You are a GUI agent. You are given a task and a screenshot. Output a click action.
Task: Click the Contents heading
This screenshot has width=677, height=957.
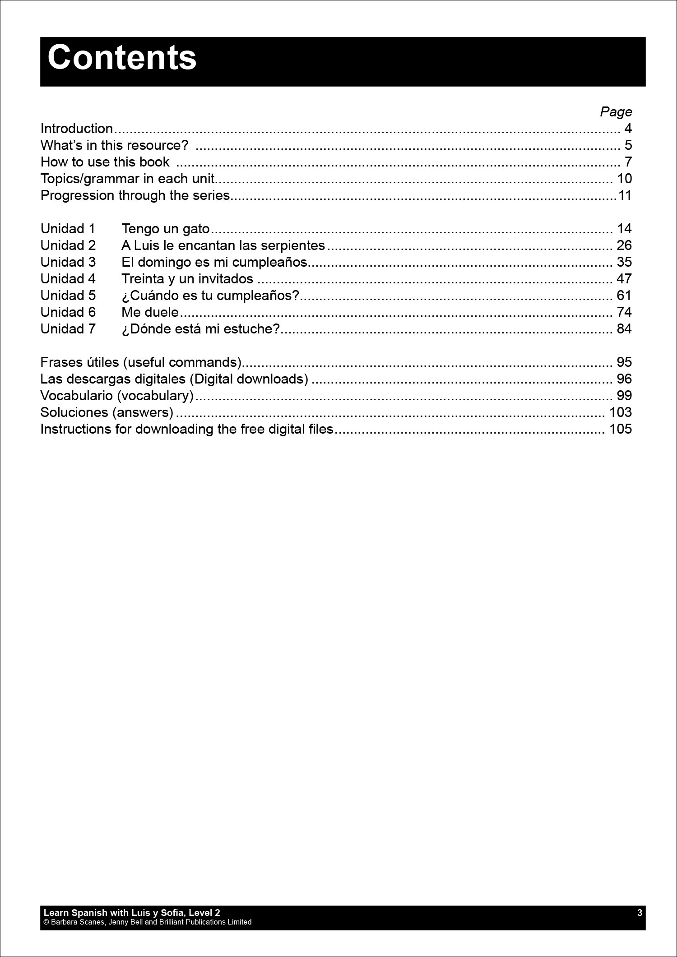122,58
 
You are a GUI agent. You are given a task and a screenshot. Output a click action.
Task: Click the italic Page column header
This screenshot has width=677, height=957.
616,112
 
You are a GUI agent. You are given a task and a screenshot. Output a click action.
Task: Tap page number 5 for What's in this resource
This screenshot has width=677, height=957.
628,145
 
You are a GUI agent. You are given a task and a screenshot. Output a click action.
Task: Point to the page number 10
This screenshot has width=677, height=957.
624,179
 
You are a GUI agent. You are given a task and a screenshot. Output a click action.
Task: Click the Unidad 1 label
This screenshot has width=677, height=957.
68,229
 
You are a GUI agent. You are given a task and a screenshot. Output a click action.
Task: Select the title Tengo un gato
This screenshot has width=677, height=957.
165,229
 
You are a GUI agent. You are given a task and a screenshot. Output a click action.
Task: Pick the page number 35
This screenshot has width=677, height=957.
624,262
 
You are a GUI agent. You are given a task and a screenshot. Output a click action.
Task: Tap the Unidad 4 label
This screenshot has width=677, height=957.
68,279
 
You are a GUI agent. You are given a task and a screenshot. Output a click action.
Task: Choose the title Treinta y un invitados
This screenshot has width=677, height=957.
187,279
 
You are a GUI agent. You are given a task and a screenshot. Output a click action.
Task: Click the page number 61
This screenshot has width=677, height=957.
624,296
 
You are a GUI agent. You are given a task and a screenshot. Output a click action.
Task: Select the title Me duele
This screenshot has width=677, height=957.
150,312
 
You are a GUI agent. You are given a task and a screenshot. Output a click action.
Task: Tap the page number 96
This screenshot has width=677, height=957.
624,379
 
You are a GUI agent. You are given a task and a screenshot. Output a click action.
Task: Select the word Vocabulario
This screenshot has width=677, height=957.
77,396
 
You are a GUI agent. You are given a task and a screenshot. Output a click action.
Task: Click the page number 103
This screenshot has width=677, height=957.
620,412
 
